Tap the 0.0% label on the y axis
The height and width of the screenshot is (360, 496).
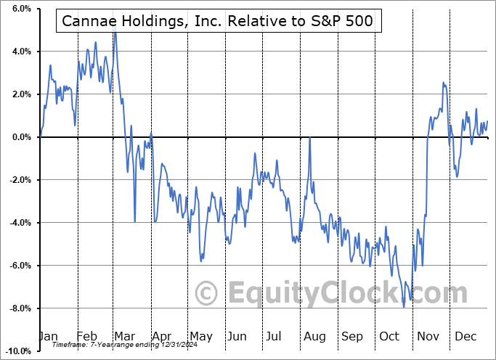[x=20, y=137]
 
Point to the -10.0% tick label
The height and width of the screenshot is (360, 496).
[x=17, y=351]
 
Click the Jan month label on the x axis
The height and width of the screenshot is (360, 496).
[x=48, y=337]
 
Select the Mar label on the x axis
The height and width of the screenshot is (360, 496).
[x=124, y=337]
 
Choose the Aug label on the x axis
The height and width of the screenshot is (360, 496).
[x=314, y=337]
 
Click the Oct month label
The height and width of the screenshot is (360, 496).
[x=390, y=337]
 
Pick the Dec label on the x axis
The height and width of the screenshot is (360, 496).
[x=465, y=337]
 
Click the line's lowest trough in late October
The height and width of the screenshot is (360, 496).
[x=404, y=307]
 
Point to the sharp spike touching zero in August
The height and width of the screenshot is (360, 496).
[x=310, y=137]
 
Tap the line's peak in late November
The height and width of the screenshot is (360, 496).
[x=443, y=83]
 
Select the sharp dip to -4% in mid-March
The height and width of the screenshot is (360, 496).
[x=135, y=221]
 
